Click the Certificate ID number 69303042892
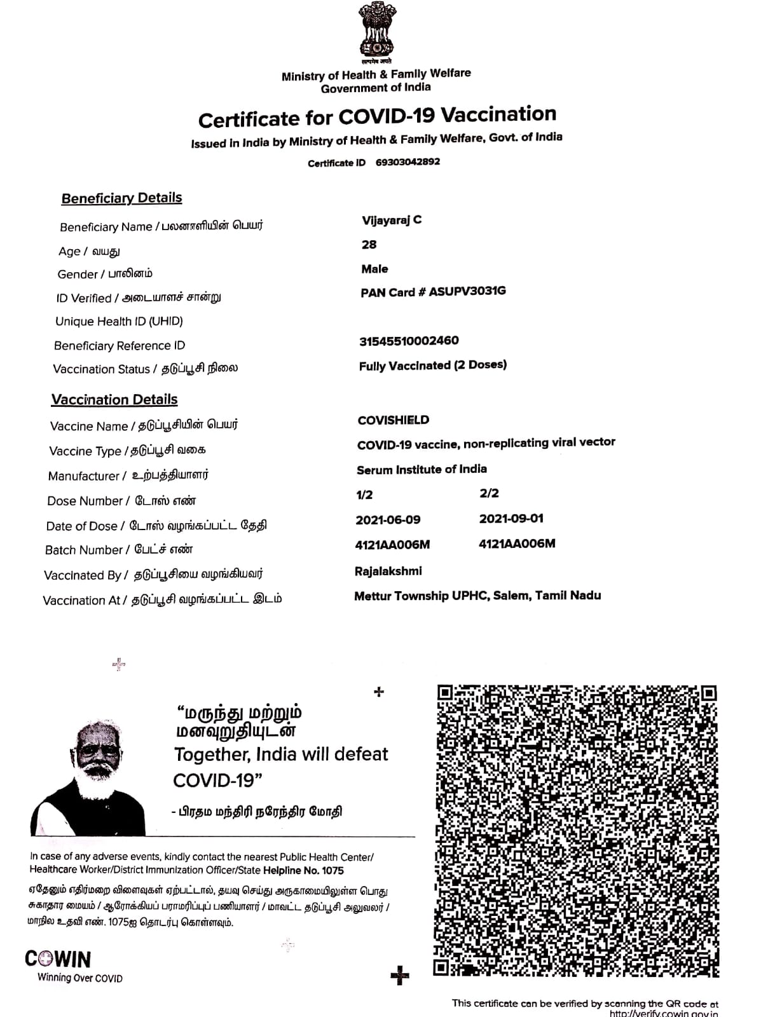coord(408,162)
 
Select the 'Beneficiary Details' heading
coord(121,198)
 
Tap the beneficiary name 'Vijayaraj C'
coord(392,220)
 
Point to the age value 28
coord(369,245)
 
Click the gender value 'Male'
coord(374,269)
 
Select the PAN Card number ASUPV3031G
coord(467,292)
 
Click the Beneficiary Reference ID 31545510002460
coord(409,341)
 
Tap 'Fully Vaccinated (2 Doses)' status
coord(432,365)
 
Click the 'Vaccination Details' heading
coord(114,400)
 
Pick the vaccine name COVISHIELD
coord(394,420)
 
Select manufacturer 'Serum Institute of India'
coord(422,470)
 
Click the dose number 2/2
coord(489,493)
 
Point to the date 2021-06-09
coord(388,520)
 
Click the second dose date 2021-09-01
coord(511,519)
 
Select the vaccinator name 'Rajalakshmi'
coord(388,571)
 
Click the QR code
coord(577,831)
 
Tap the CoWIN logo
coord(58,959)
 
